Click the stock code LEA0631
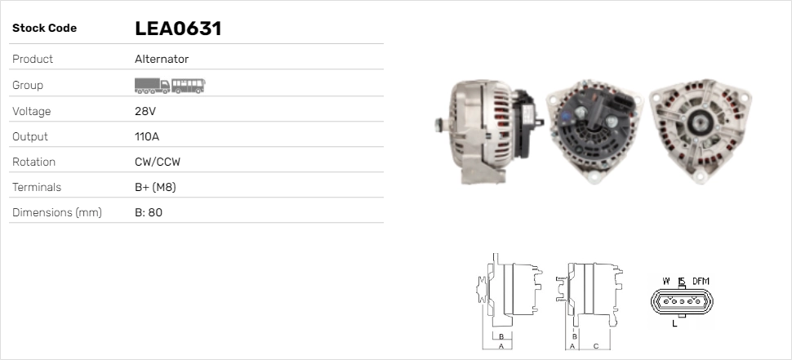178,29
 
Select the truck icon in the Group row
152,86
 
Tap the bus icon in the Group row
189,86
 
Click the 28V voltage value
145,111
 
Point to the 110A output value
147,137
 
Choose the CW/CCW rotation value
158,162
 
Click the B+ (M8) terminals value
156,187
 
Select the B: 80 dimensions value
149,212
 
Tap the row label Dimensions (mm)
57,212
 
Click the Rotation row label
33,162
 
